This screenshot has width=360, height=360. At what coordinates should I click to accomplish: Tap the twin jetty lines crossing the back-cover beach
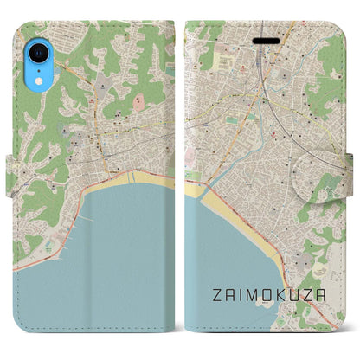tap(132, 177)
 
